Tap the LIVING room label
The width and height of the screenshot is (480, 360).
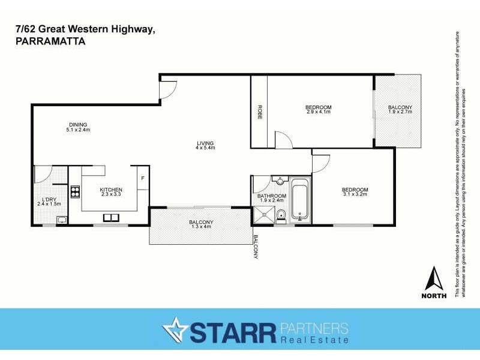click(x=205, y=143)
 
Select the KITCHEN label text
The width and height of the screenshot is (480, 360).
click(x=111, y=189)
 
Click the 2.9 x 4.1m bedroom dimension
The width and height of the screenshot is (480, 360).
click(x=319, y=112)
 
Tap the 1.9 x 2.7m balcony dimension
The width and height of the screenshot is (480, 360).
click(x=400, y=112)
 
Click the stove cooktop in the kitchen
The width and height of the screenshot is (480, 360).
click(x=76, y=192)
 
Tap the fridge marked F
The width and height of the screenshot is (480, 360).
click(x=143, y=178)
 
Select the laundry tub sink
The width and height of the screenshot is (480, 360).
click(x=61, y=220)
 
